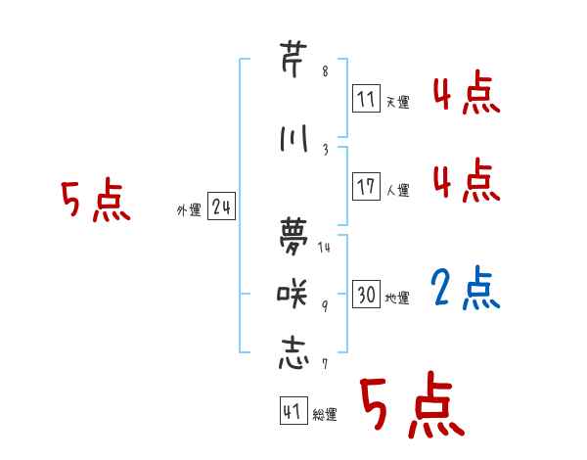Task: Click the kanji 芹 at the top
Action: [293, 59]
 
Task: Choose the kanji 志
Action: [293, 352]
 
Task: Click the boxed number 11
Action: [366, 99]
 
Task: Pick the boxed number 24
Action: [221, 207]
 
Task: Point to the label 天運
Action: [398, 102]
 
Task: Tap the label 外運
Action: [189, 209]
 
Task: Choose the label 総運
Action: [325, 415]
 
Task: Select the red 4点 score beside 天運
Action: [467, 95]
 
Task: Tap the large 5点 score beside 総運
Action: [411, 406]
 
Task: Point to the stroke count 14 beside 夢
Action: [325, 247]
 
